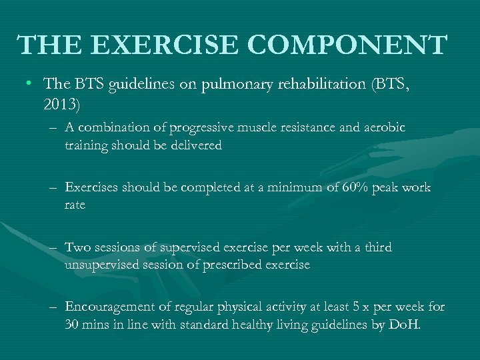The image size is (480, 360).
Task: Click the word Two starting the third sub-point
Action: click(x=77, y=247)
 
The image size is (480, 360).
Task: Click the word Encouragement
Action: click(x=108, y=307)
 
